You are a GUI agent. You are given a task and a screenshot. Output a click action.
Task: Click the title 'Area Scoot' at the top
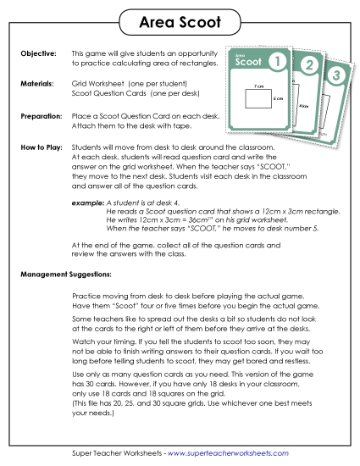pyautogui.click(x=180, y=19)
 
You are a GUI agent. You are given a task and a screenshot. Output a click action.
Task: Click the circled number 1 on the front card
pyautogui.click(x=275, y=61)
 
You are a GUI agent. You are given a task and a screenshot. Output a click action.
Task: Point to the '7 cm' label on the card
pyautogui.click(x=247, y=86)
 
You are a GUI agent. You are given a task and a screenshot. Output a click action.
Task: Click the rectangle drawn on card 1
pyautogui.click(x=252, y=101)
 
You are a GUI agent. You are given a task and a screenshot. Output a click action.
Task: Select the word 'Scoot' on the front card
pyautogui.click(x=249, y=62)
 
